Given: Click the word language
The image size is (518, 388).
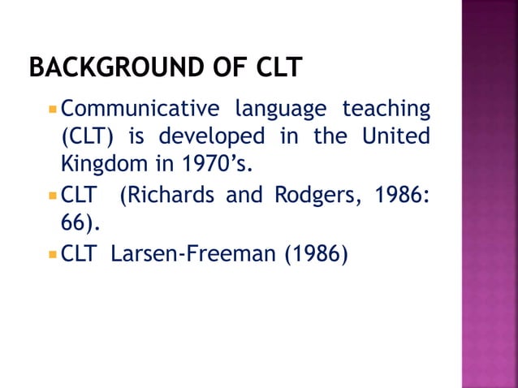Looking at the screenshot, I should [x=281, y=108].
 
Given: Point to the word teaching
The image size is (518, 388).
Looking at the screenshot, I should [x=386, y=108].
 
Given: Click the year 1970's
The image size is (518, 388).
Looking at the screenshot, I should [x=215, y=164].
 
